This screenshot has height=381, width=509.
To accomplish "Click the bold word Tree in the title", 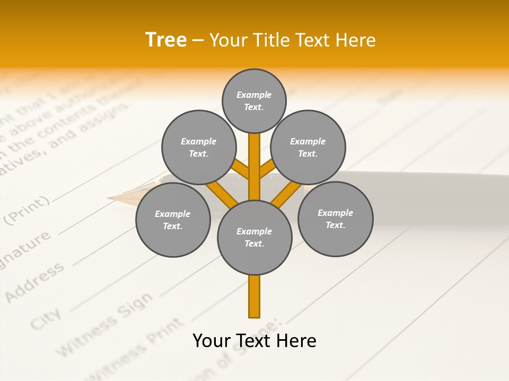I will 166,40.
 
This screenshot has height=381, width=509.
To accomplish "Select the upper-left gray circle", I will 198,148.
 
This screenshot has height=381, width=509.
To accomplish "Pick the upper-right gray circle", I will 308,148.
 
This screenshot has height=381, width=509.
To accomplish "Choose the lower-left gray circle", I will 173,220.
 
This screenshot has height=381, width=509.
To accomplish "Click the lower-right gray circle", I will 335,219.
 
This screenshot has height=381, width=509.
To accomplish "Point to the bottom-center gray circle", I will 254,238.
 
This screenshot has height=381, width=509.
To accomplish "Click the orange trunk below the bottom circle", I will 254,296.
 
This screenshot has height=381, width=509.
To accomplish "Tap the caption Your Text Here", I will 254,340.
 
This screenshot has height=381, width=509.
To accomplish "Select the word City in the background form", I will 45,318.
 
